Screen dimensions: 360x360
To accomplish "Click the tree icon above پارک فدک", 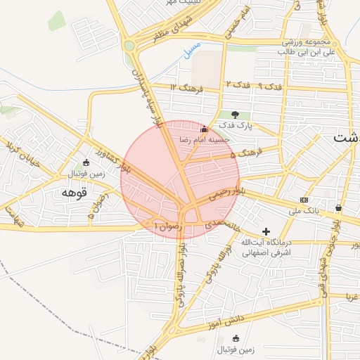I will click(235, 115).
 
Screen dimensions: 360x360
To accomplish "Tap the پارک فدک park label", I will click(235, 126).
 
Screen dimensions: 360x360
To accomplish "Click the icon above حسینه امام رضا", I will click(204, 129).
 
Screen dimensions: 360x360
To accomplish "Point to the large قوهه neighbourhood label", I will click(72, 192).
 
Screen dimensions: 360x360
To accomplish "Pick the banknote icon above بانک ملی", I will click(304, 200).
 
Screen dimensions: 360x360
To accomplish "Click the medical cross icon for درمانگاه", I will click(266, 231).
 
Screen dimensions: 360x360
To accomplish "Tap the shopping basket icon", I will click(339, 207).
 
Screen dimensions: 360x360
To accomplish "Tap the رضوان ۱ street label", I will click(168, 226).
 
